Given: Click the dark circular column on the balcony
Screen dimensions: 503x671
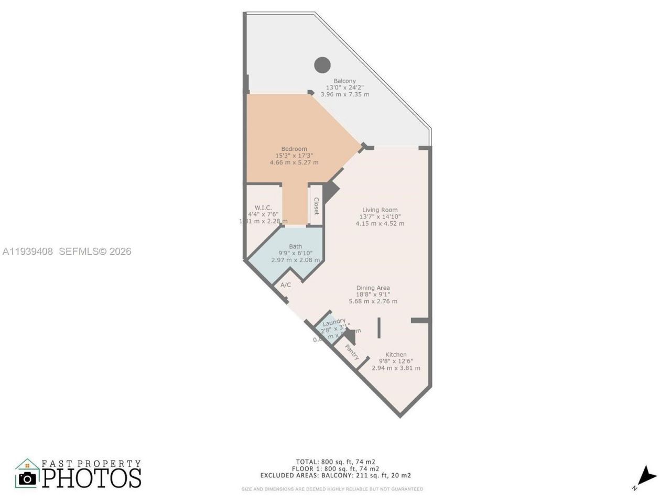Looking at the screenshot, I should pyautogui.click(x=322, y=65).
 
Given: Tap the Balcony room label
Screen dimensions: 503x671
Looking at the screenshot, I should pyautogui.click(x=344, y=81).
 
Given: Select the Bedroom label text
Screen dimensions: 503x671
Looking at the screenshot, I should pyautogui.click(x=294, y=149).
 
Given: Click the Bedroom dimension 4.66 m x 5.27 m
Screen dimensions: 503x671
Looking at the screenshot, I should pyautogui.click(x=294, y=162).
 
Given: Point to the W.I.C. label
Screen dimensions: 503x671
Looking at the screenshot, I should pyautogui.click(x=263, y=207).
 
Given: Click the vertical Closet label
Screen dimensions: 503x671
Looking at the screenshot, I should pyautogui.click(x=316, y=206).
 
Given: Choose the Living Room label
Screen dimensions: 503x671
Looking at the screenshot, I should pyautogui.click(x=380, y=210).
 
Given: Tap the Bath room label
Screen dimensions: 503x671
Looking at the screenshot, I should pyautogui.click(x=295, y=246).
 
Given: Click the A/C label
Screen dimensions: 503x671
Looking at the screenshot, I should pyautogui.click(x=286, y=285).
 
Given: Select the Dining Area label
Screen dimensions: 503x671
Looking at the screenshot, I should pyautogui.click(x=373, y=288).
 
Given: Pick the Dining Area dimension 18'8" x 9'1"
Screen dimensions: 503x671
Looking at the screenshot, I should pyautogui.click(x=373, y=294).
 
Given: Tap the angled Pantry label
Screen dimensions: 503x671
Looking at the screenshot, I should pyautogui.click(x=352, y=352).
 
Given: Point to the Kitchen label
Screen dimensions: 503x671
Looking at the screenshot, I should pyautogui.click(x=396, y=355).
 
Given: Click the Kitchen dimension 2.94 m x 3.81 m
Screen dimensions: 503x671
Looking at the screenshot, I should pyautogui.click(x=396, y=368).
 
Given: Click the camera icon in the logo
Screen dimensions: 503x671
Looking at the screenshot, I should pyautogui.click(x=27, y=478).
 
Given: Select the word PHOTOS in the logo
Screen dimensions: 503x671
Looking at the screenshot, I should pyautogui.click(x=92, y=478).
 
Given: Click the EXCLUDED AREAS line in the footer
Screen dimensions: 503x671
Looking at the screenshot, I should pyautogui.click(x=335, y=476).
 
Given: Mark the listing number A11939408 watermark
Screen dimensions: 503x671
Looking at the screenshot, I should pyautogui.click(x=28, y=251).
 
